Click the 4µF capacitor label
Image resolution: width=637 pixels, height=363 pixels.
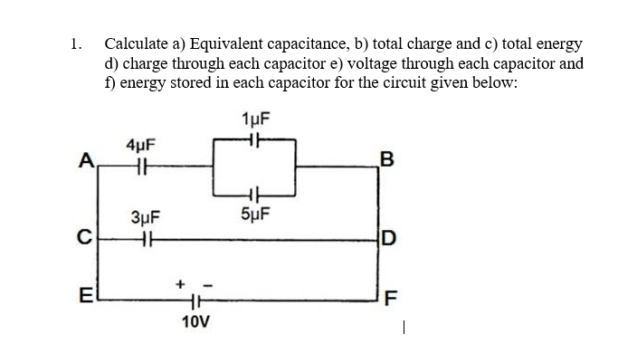[x=141, y=144]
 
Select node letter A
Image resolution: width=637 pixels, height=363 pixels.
[x=86, y=162]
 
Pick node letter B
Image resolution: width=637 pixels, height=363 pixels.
[x=388, y=163]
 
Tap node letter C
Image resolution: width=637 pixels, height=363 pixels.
[x=85, y=241]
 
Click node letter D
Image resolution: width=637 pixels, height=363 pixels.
[x=388, y=241]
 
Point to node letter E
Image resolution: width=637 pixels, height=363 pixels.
[x=86, y=294]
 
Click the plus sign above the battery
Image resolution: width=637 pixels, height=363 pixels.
[x=181, y=284]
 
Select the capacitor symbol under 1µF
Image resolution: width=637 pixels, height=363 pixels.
[x=256, y=139]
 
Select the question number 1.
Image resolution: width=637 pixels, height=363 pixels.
[x=76, y=43]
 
